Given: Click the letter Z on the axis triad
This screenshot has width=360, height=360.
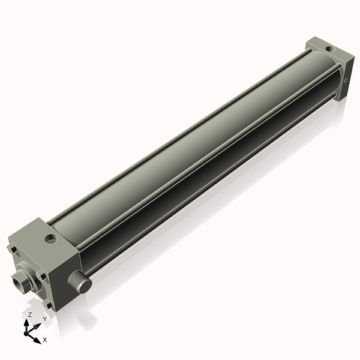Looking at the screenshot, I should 30,314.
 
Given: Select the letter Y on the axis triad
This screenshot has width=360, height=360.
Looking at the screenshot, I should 44,319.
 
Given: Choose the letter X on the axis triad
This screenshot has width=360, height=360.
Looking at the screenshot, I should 44,340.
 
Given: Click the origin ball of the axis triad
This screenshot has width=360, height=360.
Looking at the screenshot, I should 27,331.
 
